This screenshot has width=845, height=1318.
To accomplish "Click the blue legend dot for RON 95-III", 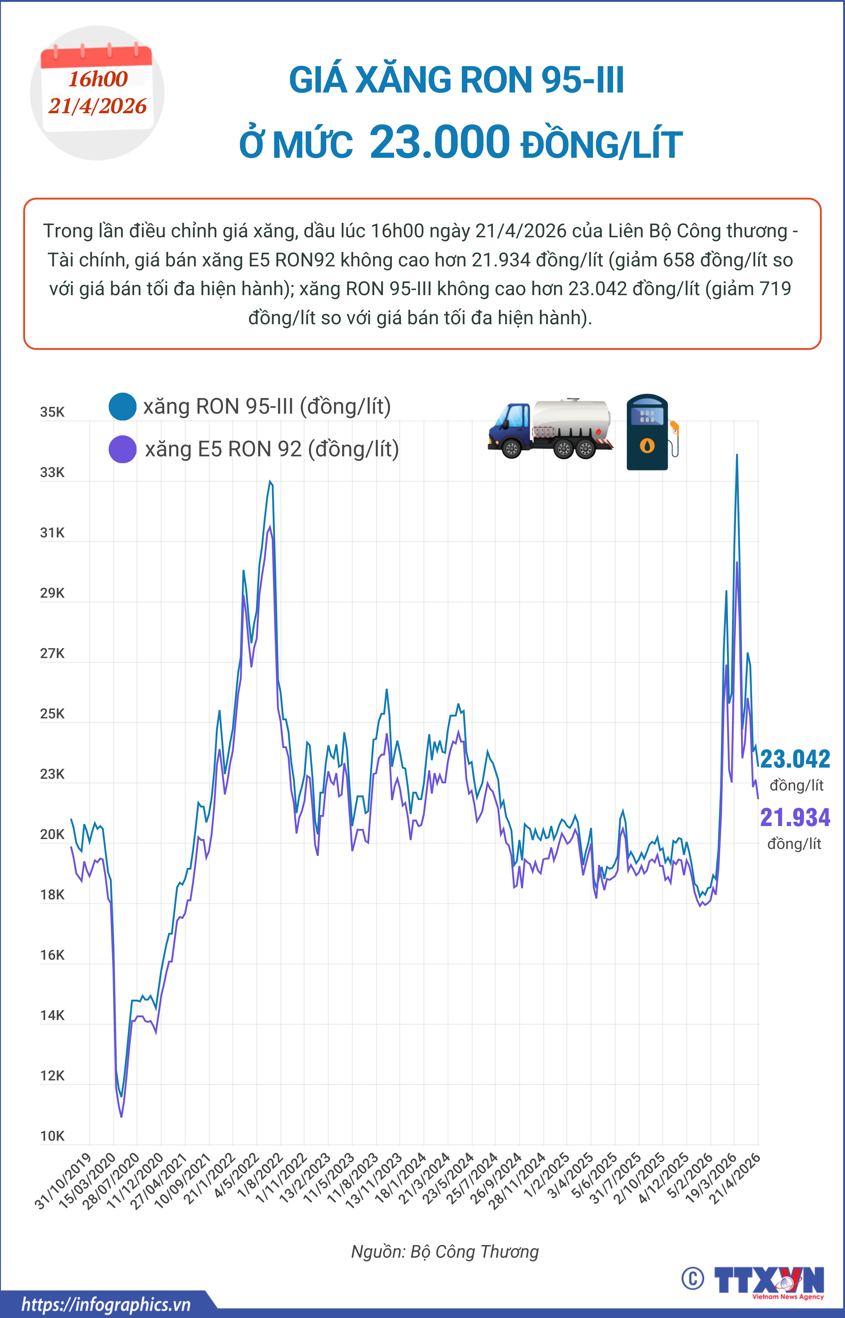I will pos(122,407).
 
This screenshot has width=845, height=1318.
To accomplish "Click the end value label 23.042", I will pos(795,760).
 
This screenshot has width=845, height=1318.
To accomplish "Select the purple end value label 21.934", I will pos(795,818).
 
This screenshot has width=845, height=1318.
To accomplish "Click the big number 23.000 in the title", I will pos(440,142).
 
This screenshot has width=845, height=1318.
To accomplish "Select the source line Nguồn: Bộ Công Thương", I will pos(444,1251).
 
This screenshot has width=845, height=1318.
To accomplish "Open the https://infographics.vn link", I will pos(106,1304).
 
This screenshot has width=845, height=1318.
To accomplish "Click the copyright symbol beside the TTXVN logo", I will pos(692,1278).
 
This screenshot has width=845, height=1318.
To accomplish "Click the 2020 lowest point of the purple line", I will pos(121,1117).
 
